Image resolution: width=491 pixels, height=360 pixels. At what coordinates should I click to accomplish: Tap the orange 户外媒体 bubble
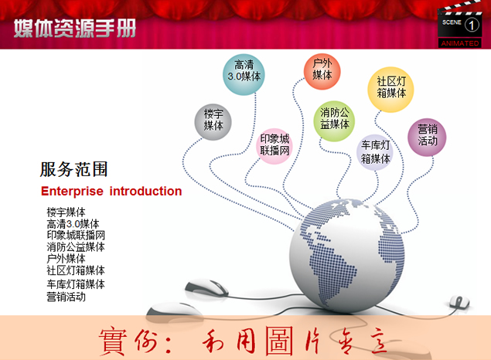[x=322, y=70]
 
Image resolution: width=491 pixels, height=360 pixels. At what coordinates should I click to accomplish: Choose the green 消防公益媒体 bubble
[x=335, y=118]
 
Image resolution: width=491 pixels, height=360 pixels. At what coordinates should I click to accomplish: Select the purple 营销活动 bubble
[x=427, y=135]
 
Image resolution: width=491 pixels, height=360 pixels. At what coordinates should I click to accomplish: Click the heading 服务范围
[x=73, y=170]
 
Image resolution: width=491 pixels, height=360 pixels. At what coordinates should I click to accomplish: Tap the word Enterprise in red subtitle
[x=72, y=192]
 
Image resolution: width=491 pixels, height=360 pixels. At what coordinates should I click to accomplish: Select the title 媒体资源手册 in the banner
[x=74, y=29]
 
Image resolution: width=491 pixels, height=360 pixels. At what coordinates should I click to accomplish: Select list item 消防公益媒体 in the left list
[x=76, y=247]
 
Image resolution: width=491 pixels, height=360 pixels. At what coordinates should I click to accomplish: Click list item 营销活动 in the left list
[x=66, y=297]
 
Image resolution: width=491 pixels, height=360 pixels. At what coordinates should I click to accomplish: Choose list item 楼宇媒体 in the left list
[x=66, y=212]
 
